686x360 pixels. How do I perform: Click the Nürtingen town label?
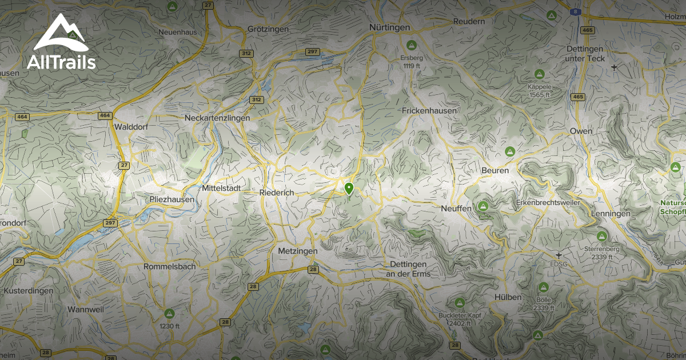click(389, 27)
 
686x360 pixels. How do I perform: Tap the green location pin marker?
click(349, 188)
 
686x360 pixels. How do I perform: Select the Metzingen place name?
click(297, 251)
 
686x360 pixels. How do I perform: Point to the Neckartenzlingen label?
click(217, 118)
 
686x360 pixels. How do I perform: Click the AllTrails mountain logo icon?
click(60, 34)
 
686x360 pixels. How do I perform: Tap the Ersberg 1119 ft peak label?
click(411, 58)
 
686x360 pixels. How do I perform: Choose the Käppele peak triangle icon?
click(539, 74)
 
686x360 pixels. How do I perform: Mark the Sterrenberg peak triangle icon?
click(601, 236)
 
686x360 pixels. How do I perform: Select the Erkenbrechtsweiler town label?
click(548, 203)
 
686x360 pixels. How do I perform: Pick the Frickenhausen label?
click(429, 110)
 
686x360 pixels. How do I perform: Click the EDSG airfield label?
click(559, 263)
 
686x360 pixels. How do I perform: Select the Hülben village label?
click(508, 297)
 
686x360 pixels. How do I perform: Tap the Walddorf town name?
click(131, 127)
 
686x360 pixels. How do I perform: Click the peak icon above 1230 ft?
click(169, 313)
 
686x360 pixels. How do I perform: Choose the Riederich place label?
click(277, 193)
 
